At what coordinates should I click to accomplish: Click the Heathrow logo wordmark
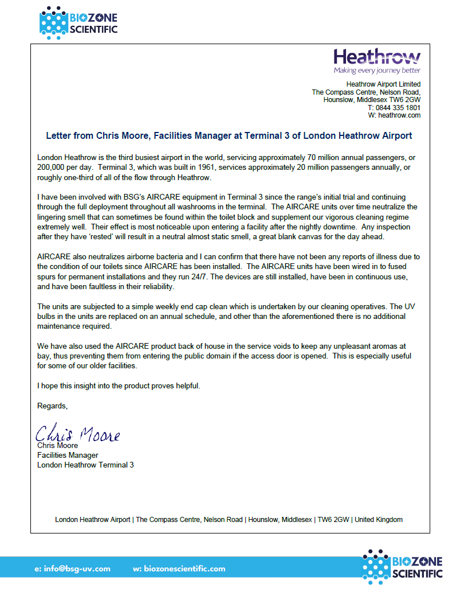(377, 57)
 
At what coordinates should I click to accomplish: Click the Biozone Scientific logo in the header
(78, 22)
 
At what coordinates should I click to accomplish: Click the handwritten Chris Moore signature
(78, 434)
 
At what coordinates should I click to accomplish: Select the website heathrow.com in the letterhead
(399, 115)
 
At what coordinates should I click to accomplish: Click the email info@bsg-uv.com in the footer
(72, 568)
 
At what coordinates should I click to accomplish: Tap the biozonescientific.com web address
(179, 568)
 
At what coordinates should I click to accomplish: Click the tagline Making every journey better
(377, 71)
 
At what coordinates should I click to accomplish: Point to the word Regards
(52, 406)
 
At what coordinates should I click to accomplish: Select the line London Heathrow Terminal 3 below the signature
(85, 465)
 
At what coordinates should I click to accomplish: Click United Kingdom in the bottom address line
(379, 520)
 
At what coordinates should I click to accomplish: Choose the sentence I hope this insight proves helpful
(119, 385)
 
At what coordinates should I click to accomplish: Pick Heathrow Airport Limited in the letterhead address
(387, 84)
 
